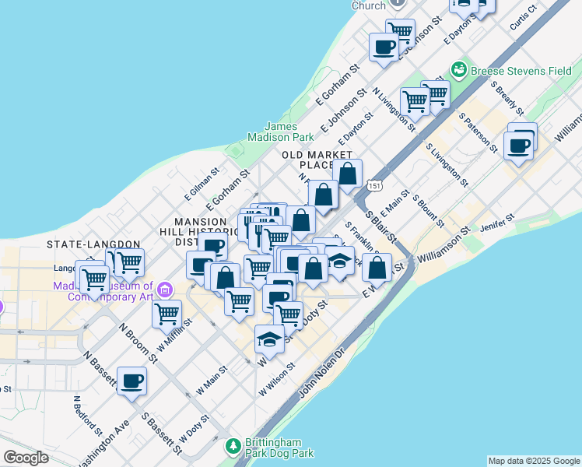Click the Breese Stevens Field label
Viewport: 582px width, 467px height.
[518, 70]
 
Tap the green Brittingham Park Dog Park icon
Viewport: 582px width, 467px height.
[232, 446]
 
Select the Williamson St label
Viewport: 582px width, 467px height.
[444, 244]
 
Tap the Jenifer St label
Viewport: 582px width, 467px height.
[499, 223]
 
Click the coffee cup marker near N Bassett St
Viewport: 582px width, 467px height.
[131, 382]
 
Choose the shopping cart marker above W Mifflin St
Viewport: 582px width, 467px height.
[167, 314]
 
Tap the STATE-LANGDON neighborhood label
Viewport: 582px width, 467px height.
[93, 244]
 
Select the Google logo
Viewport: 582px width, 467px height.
[26, 458]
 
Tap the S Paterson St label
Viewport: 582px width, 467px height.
[478, 130]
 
